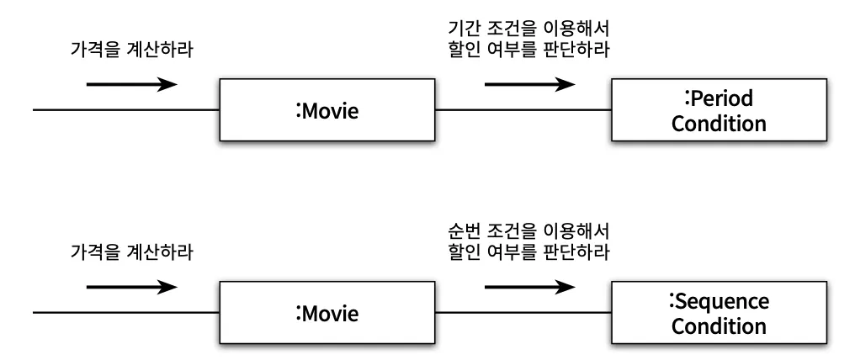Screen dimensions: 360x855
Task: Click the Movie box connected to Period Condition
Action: [327, 110]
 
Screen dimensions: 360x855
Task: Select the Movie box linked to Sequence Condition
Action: [327, 314]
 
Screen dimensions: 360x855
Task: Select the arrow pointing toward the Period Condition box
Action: [530, 84]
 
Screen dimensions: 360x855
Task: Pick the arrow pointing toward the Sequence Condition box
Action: [530, 287]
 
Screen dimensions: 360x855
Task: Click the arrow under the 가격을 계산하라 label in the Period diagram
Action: [132, 84]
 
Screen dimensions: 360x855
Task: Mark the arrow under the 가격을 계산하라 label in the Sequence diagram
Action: [132, 287]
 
